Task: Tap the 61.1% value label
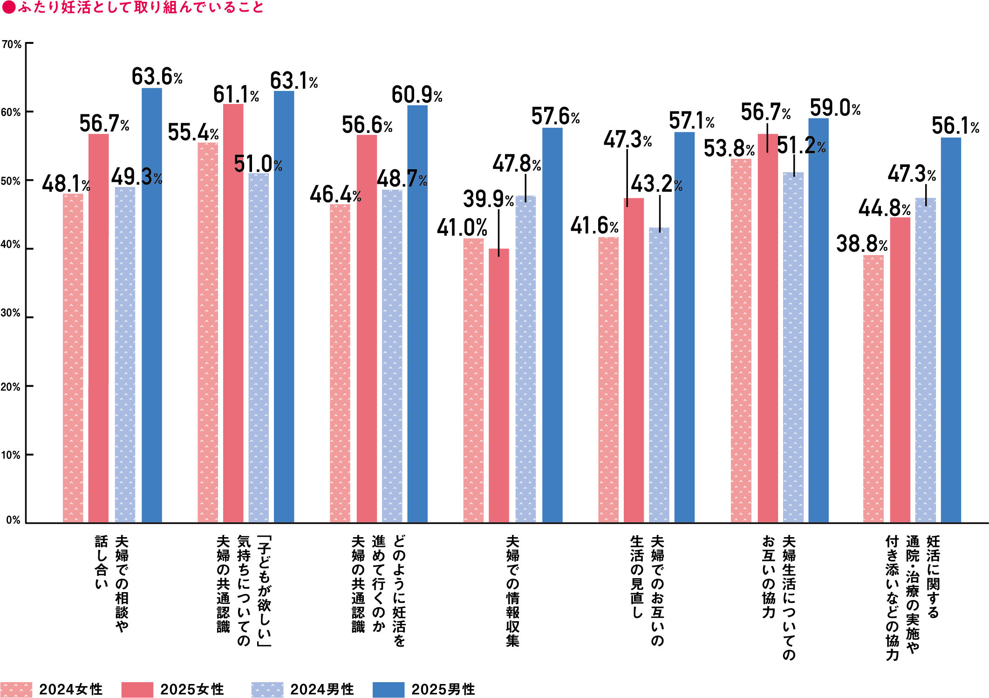(x=236, y=95)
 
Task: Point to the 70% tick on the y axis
(x=12, y=44)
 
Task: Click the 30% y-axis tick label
(x=11, y=313)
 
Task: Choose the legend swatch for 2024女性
(x=16, y=689)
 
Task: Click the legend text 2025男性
(x=443, y=689)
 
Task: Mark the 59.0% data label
(x=835, y=108)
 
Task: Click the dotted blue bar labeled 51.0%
(x=259, y=347)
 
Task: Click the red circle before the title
(x=8, y=7)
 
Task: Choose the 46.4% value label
(x=335, y=194)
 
